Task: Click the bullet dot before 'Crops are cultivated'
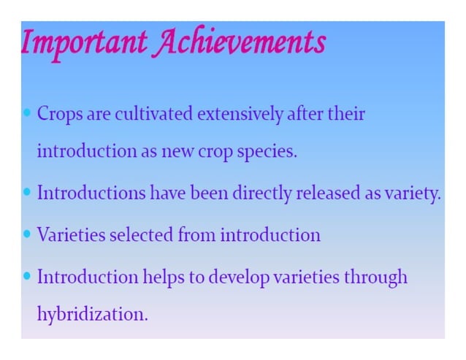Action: click(x=27, y=114)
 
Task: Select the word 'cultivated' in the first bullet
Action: click(x=155, y=115)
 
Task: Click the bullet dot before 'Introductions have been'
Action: click(x=27, y=194)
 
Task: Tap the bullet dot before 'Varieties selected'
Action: click(x=27, y=234)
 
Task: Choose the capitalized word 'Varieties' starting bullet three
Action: click(x=69, y=235)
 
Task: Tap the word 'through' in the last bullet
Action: click(x=373, y=277)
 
